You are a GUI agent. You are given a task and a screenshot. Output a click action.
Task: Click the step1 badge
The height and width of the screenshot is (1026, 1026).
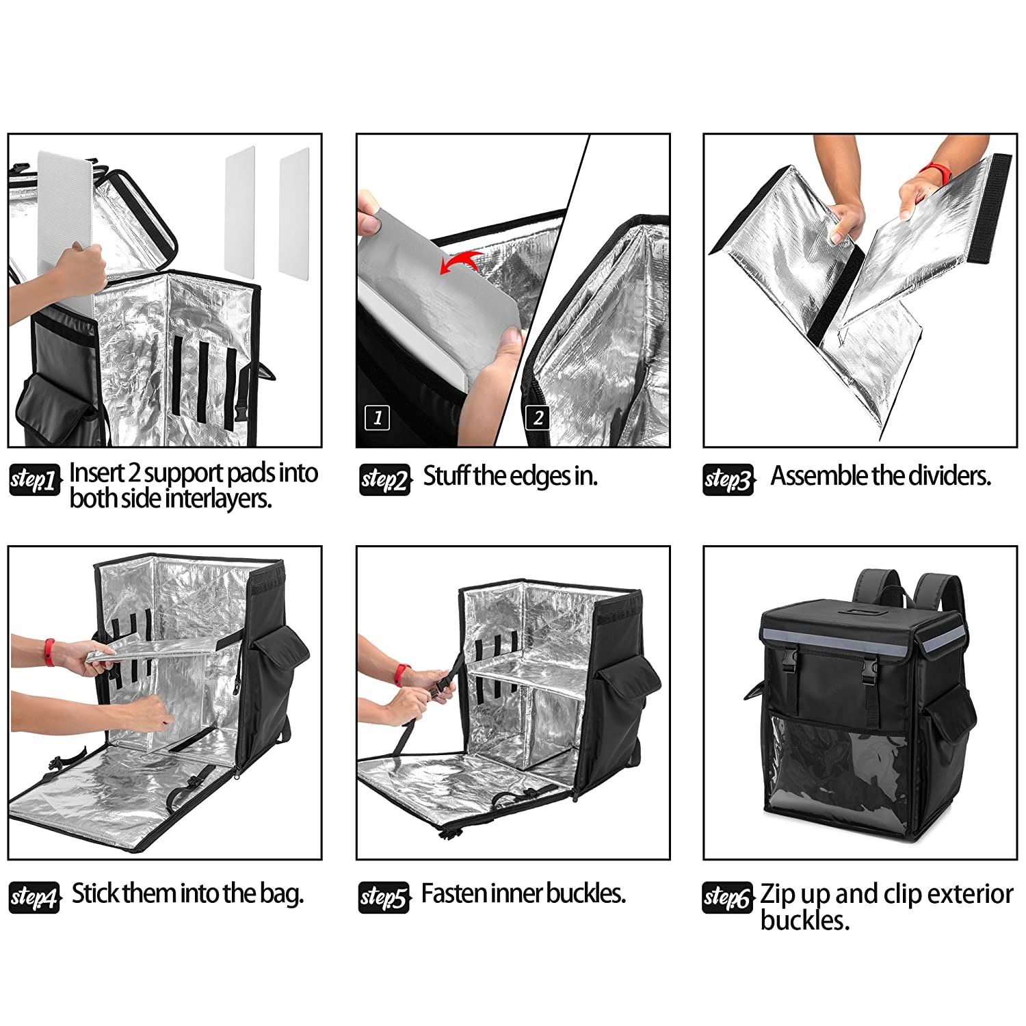[x=34, y=480]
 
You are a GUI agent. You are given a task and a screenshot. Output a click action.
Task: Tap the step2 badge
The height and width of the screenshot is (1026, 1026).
[x=384, y=480]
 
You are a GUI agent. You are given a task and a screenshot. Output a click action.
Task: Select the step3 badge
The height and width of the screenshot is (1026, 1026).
[x=728, y=480]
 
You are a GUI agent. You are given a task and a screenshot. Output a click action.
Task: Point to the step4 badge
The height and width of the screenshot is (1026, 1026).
[x=34, y=897]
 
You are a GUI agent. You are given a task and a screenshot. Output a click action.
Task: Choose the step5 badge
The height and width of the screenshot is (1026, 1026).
[x=384, y=897]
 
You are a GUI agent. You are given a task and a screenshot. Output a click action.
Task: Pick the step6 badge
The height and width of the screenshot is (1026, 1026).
[x=728, y=897]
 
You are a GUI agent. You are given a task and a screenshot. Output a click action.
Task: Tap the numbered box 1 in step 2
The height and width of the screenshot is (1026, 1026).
[x=378, y=417]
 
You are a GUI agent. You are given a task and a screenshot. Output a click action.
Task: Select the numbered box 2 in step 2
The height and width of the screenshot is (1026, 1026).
[x=538, y=417]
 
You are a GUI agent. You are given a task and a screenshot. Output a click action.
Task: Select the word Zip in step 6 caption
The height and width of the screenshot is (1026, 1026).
[x=778, y=895]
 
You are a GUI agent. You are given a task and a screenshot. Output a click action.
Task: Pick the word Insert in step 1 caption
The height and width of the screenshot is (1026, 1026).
[x=96, y=473]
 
